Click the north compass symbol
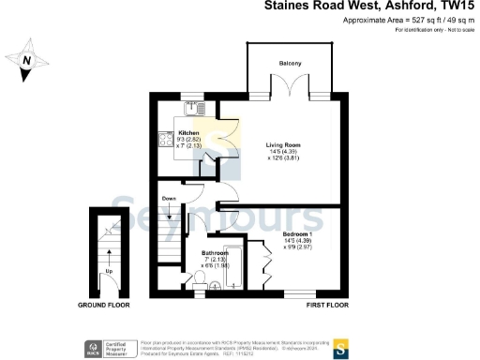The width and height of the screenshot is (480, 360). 27,61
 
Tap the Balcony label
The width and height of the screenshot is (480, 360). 289,63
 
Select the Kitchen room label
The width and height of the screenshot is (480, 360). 189,133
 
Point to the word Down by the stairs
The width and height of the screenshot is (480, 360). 169,199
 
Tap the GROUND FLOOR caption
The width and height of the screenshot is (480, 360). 103,306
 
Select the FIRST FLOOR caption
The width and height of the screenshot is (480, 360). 326,306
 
